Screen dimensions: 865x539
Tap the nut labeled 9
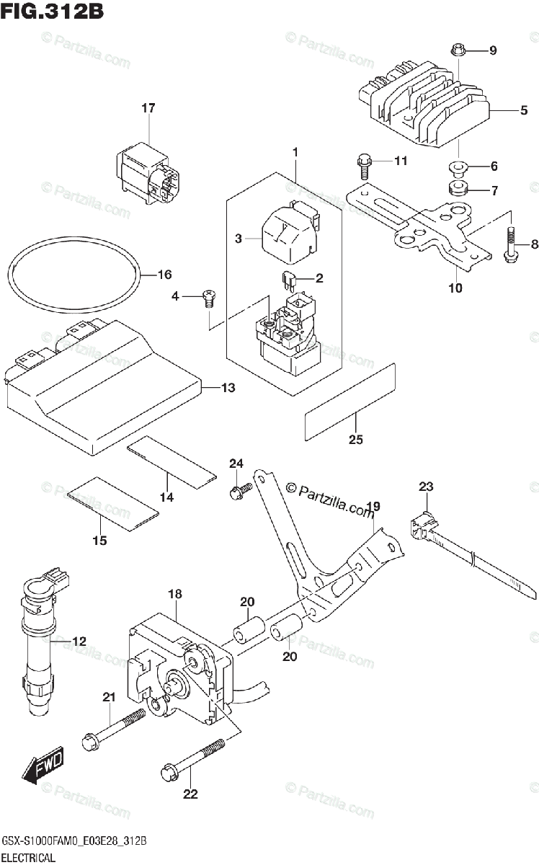tap(457, 50)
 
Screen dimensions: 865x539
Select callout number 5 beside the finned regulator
tap(524, 110)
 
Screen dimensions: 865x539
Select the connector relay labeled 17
tap(148, 167)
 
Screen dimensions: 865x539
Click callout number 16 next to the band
tap(165, 275)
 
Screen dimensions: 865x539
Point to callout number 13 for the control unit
tap(228, 389)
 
